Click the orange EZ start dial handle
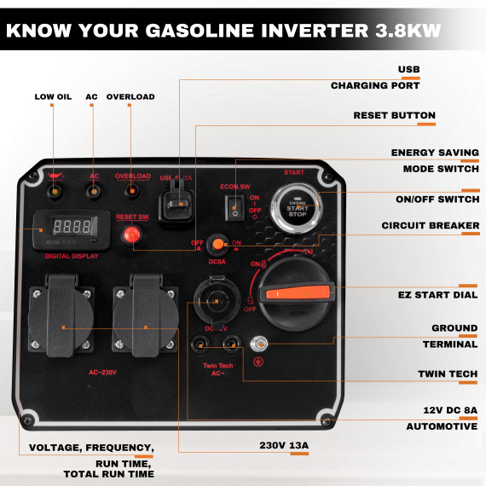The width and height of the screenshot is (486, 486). (298, 293)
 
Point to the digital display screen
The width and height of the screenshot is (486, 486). (72, 228)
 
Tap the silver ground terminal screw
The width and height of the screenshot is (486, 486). (263, 344)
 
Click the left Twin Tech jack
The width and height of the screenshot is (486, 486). (200, 344)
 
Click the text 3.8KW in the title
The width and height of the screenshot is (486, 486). (404, 32)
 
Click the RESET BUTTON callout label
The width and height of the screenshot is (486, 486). (394, 115)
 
